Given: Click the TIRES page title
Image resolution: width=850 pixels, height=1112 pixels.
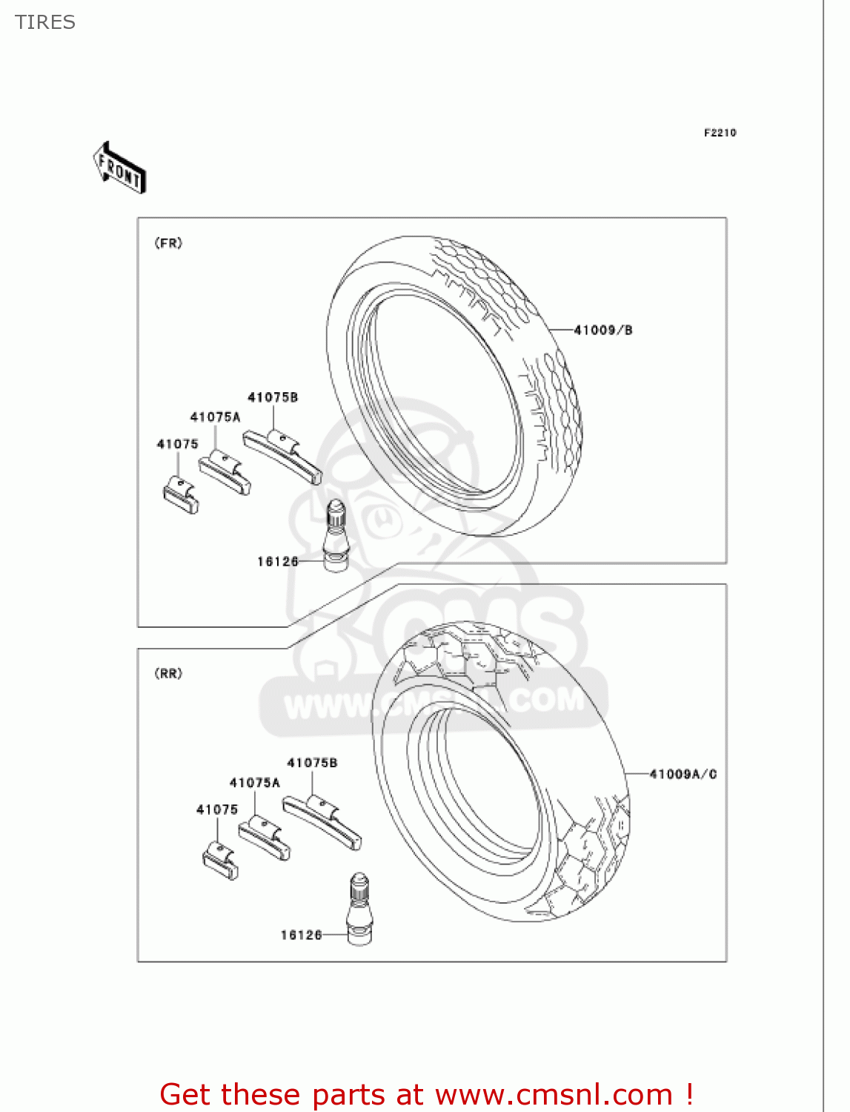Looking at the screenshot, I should [45, 22].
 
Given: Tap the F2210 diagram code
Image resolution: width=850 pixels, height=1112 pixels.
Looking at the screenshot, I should [720, 133].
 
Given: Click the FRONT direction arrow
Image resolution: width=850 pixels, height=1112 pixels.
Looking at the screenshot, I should [120, 168].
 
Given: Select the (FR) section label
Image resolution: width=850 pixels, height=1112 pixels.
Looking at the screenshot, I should [168, 243].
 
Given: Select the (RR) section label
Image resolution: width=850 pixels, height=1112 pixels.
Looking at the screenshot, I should [168, 673].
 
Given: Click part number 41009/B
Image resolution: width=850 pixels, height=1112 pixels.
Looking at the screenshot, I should [603, 330].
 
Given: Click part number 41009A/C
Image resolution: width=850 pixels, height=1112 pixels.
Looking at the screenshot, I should [683, 774].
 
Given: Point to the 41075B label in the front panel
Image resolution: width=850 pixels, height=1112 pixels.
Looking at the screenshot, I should [273, 397].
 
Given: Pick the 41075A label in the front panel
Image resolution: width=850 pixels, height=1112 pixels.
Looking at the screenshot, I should [215, 417].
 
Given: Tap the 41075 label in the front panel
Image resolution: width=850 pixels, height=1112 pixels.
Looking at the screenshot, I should [178, 444].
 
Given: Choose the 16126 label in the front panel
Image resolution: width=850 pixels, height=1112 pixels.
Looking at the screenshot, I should [278, 561].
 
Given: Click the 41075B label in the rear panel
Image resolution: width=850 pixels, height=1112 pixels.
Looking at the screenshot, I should [312, 763].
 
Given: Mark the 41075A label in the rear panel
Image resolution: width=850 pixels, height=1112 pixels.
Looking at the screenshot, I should [254, 782].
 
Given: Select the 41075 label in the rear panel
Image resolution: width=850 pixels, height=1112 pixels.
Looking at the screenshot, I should [217, 810].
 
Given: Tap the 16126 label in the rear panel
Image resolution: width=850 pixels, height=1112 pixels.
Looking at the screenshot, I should [302, 935].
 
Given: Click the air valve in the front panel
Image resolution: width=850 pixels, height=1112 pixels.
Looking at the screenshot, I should [336, 535].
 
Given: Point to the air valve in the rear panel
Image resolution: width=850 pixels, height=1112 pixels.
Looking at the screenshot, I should [359, 909].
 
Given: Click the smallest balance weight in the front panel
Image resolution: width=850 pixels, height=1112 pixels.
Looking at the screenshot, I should [181, 495].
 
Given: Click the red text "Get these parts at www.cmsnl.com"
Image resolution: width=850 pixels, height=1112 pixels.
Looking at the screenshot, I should [426, 1094].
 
